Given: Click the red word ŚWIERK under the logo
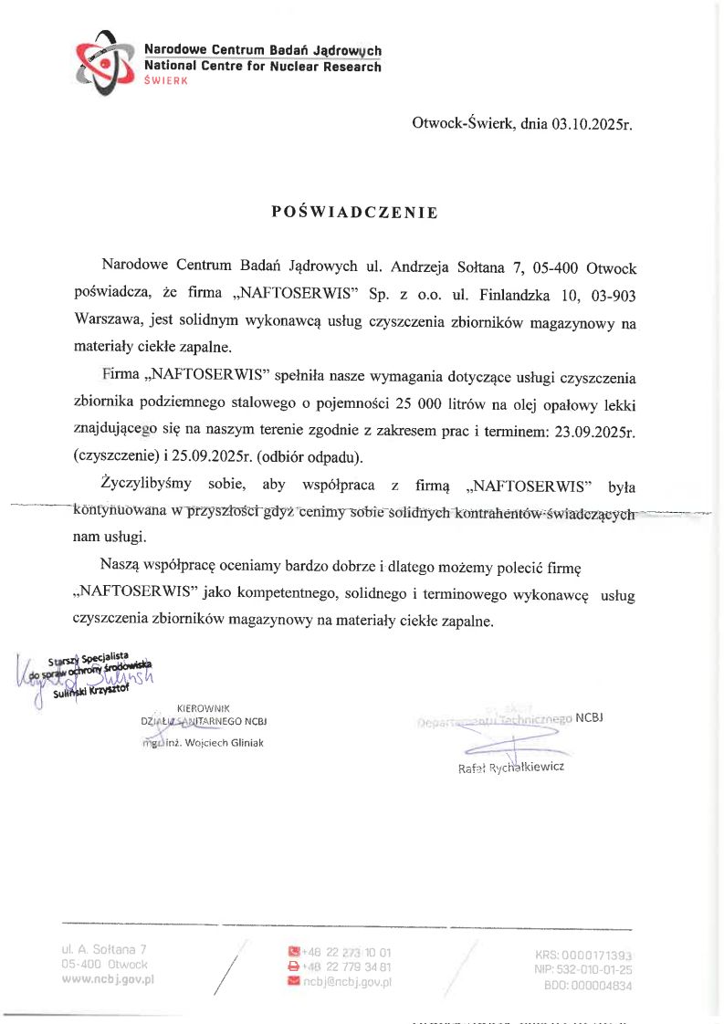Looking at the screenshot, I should pyautogui.click(x=166, y=81).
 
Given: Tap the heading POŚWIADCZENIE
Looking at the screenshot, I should pyautogui.click(x=355, y=213).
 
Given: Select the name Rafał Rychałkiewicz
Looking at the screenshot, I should pyautogui.click(x=511, y=767).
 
